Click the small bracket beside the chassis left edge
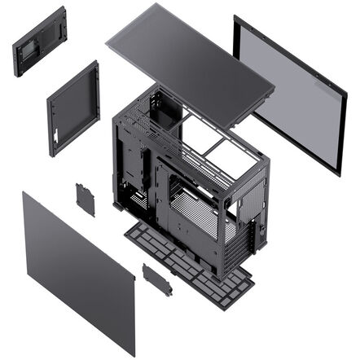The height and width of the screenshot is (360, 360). tap(85, 199)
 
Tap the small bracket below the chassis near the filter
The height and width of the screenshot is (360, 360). tap(156, 278)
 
